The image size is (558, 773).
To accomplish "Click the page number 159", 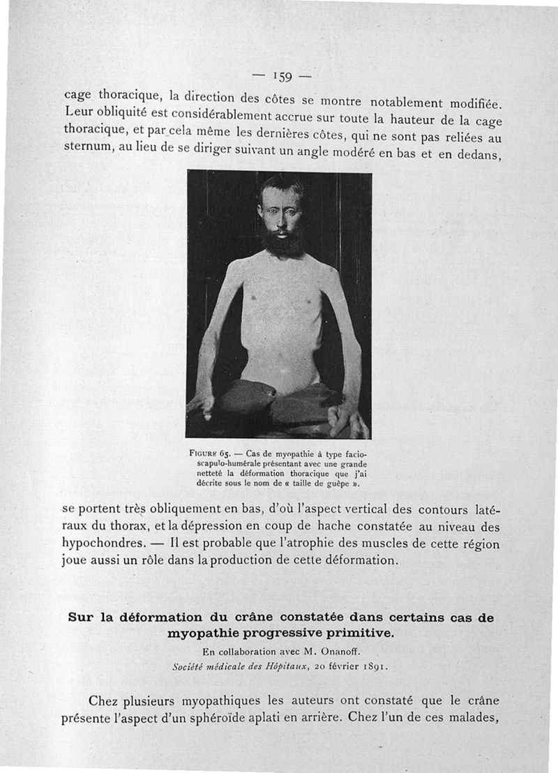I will tap(282, 75).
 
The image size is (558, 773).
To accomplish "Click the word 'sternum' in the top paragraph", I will tap(85, 149).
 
